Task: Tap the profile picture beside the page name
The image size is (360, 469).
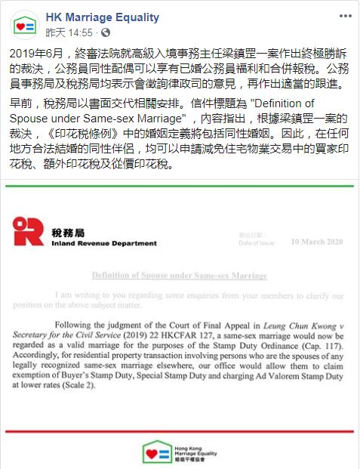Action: [25, 25]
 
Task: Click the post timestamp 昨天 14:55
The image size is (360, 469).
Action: [69, 33]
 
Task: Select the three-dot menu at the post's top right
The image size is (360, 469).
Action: [344, 16]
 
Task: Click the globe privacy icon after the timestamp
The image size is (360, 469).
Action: [106, 33]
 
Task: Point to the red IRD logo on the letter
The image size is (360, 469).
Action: [28, 231]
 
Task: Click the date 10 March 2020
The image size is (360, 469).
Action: [318, 241]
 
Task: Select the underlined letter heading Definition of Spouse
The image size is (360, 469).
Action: [179, 276]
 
